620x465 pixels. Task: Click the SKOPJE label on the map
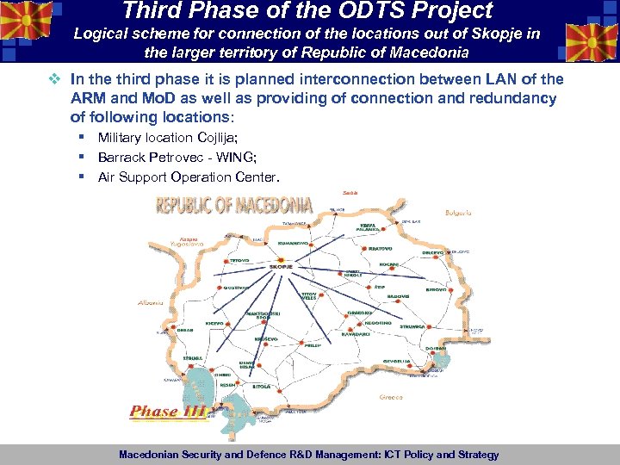[x=282, y=267]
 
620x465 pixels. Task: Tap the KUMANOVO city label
[x=294, y=243]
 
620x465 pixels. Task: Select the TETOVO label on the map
[x=239, y=260]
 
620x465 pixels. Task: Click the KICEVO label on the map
[x=214, y=323]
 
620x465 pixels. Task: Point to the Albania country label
[x=151, y=303]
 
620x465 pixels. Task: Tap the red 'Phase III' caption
[x=168, y=412]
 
